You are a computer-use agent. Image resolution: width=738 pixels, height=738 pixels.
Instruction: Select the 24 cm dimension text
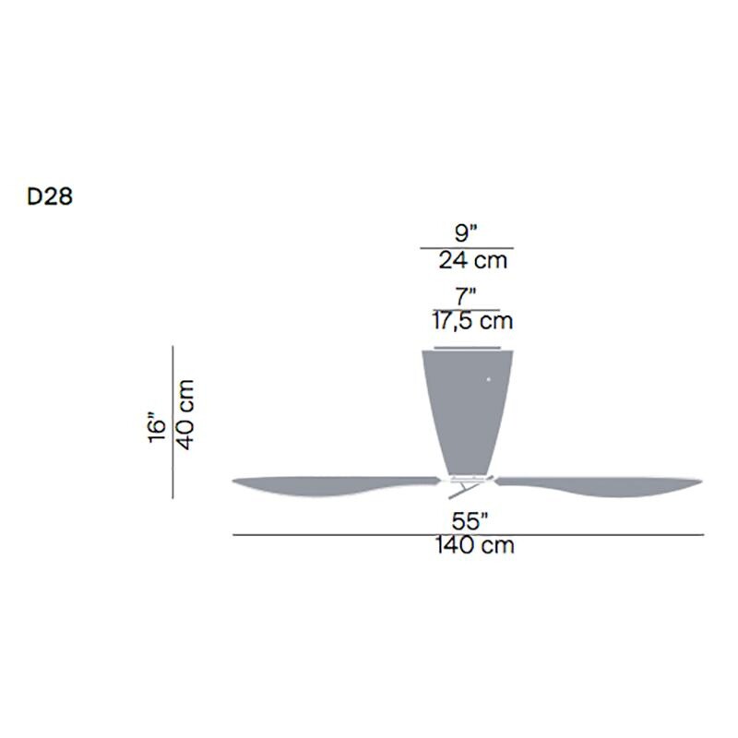(x=472, y=260)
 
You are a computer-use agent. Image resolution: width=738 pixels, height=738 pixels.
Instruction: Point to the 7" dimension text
(x=467, y=297)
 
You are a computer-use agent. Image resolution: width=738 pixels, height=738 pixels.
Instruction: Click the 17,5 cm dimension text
(x=472, y=321)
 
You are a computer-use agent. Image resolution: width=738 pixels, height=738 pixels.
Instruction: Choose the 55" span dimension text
(x=468, y=522)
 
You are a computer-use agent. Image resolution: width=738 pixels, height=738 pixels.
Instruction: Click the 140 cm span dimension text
(x=474, y=545)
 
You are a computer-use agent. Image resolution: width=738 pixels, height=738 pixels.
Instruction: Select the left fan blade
(x=332, y=485)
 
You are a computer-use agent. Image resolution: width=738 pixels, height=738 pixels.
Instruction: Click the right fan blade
(x=600, y=485)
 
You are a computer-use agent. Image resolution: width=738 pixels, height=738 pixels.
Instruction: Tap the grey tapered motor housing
(x=466, y=406)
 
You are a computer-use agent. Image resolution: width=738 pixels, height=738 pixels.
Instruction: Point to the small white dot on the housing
(x=489, y=378)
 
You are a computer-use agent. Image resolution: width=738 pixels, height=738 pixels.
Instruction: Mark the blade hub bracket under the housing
(x=466, y=481)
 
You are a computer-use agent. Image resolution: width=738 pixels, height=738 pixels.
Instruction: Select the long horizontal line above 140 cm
(x=468, y=534)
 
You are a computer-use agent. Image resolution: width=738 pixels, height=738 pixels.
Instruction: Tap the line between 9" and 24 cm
(x=467, y=248)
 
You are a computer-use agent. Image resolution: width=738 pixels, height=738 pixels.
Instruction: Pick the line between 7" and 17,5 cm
(x=467, y=309)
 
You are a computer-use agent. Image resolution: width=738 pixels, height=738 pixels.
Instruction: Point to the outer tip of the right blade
(x=698, y=481)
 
